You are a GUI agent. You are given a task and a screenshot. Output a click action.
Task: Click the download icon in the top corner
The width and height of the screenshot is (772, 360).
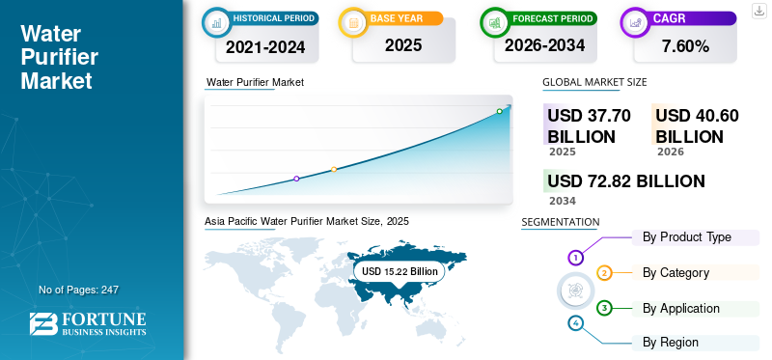[x=758, y=11]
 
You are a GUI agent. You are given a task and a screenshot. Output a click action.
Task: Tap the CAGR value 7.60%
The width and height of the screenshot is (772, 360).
[x=685, y=46]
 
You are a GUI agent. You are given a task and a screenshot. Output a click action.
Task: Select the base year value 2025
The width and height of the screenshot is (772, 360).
[x=403, y=45]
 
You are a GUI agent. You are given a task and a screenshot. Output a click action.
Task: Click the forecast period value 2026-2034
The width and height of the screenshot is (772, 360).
[x=544, y=45]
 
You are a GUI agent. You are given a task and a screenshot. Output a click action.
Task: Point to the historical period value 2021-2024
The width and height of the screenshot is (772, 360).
[x=265, y=46]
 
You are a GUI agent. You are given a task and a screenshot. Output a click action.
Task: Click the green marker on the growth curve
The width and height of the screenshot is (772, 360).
[x=499, y=111]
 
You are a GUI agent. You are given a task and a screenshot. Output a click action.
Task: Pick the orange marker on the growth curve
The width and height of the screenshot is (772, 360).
[x=334, y=170]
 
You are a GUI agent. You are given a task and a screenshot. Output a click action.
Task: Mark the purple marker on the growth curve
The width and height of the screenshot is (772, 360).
[x=296, y=179]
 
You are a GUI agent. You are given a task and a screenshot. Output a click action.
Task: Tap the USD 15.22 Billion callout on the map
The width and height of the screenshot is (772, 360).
[x=400, y=271]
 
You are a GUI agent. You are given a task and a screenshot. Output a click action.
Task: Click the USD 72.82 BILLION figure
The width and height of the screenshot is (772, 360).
[x=626, y=181]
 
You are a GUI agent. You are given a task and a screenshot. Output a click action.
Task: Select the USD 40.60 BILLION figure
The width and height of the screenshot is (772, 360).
[x=697, y=125]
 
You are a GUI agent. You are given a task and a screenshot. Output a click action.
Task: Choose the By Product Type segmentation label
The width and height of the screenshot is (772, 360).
[x=687, y=236]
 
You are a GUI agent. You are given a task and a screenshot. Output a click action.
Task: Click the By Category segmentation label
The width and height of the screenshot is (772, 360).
[x=676, y=272]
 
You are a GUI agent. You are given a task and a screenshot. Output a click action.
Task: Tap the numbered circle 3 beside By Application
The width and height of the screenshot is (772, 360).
[x=604, y=308]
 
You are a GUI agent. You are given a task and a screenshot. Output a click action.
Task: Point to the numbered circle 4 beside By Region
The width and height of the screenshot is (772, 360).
[x=575, y=323]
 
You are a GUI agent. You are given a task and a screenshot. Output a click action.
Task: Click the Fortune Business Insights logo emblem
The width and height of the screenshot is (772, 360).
[x=43, y=324]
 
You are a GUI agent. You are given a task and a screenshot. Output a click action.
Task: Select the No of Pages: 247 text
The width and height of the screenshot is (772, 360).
[x=78, y=290]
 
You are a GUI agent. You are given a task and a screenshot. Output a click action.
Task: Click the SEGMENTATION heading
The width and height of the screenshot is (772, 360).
[x=561, y=222]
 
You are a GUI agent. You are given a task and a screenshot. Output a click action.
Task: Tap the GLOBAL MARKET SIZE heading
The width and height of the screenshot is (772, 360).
[x=594, y=82]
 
